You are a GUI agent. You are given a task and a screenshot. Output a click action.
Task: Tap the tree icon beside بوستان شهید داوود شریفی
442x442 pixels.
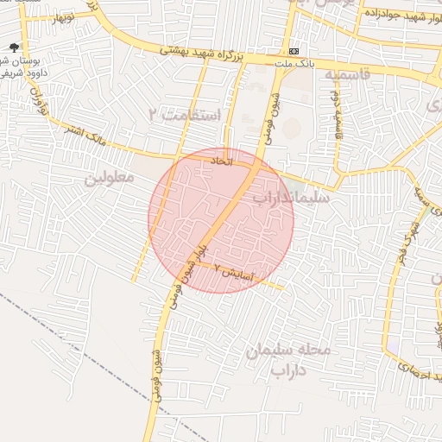pos(13,49)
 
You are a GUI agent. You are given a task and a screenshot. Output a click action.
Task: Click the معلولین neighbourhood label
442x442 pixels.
pos(110,179)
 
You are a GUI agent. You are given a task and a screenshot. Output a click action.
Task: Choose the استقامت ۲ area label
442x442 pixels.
pos(184,115)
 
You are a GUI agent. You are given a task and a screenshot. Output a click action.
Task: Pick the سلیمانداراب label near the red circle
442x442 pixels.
pos(291,198)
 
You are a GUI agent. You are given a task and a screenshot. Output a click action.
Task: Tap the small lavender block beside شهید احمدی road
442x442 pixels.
pos(394,345)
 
